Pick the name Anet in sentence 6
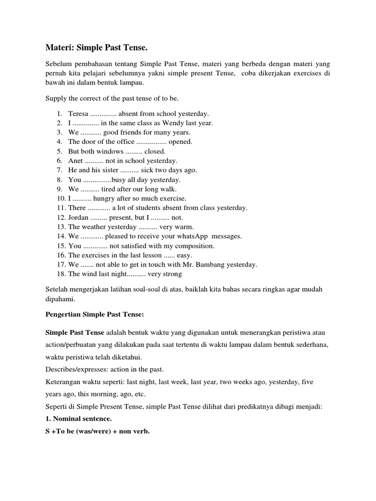tap(76, 160)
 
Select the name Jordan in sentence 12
tap(78, 217)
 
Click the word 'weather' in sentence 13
tap(94, 227)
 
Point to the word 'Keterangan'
tap(64, 381)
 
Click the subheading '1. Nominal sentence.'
tap(78, 419)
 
